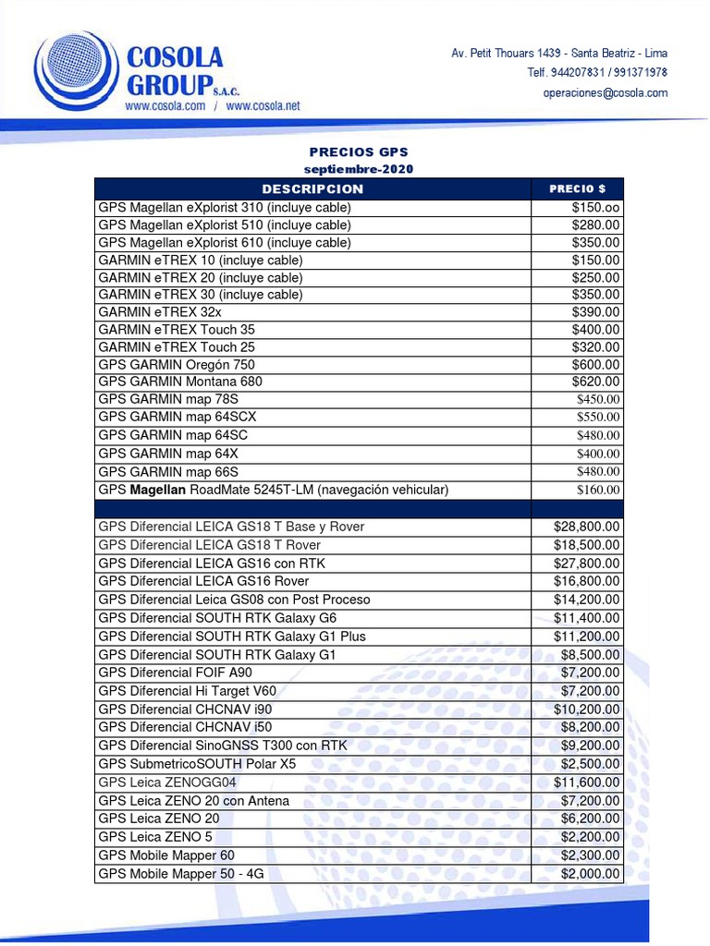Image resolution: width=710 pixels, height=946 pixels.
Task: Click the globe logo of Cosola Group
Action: pyautogui.click(x=72, y=72)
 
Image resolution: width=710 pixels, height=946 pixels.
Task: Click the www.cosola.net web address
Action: pyautogui.click(x=263, y=106)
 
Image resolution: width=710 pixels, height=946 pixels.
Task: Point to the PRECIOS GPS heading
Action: pyautogui.click(x=359, y=152)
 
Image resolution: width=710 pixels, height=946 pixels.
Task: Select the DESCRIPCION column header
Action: pyautogui.click(x=312, y=188)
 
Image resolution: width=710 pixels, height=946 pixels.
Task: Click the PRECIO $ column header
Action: pyautogui.click(x=578, y=188)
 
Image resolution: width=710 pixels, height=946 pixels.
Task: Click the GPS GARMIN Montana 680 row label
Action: pyautogui.click(x=180, y=382)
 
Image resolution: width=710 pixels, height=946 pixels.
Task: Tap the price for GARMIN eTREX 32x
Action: pyautogui.click(x=596, y=312)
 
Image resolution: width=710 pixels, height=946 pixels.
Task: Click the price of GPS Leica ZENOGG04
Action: pyautogui.click(x=587, y=782)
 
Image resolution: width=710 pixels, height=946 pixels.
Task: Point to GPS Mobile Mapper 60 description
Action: pyautogui.click(x=166, y=855)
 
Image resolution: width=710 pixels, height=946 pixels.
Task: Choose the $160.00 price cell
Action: pyautogui.click(x=598, y=490)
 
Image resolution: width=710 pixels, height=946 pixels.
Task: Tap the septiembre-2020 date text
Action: pyautogui.click(x=359, y=169)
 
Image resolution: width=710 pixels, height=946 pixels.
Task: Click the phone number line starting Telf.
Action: pyautogui.click(x=597, y=72)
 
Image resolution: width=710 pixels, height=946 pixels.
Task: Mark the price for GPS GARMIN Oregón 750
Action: pyautogui.click(x=596, y=365)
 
